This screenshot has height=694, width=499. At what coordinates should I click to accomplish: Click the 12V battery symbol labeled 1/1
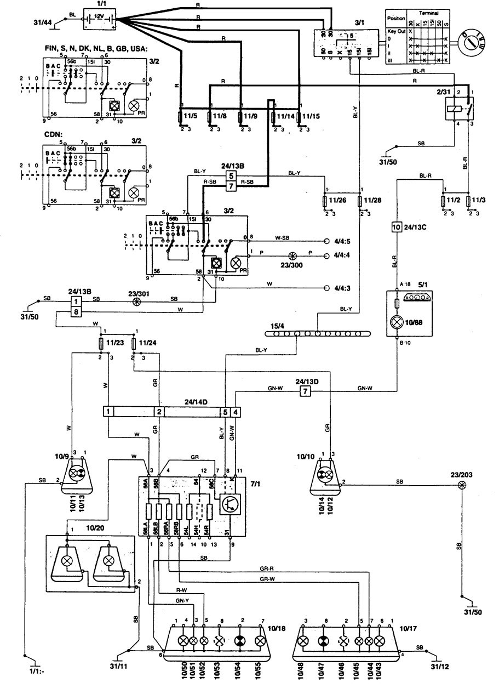99,21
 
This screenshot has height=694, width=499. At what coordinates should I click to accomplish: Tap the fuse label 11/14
287,116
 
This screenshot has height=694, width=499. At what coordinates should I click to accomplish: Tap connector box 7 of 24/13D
305,391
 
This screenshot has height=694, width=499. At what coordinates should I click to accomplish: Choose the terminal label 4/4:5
341,241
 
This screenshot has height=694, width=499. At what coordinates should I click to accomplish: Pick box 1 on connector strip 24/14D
109,411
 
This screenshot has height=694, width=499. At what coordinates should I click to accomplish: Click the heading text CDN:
53,133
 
